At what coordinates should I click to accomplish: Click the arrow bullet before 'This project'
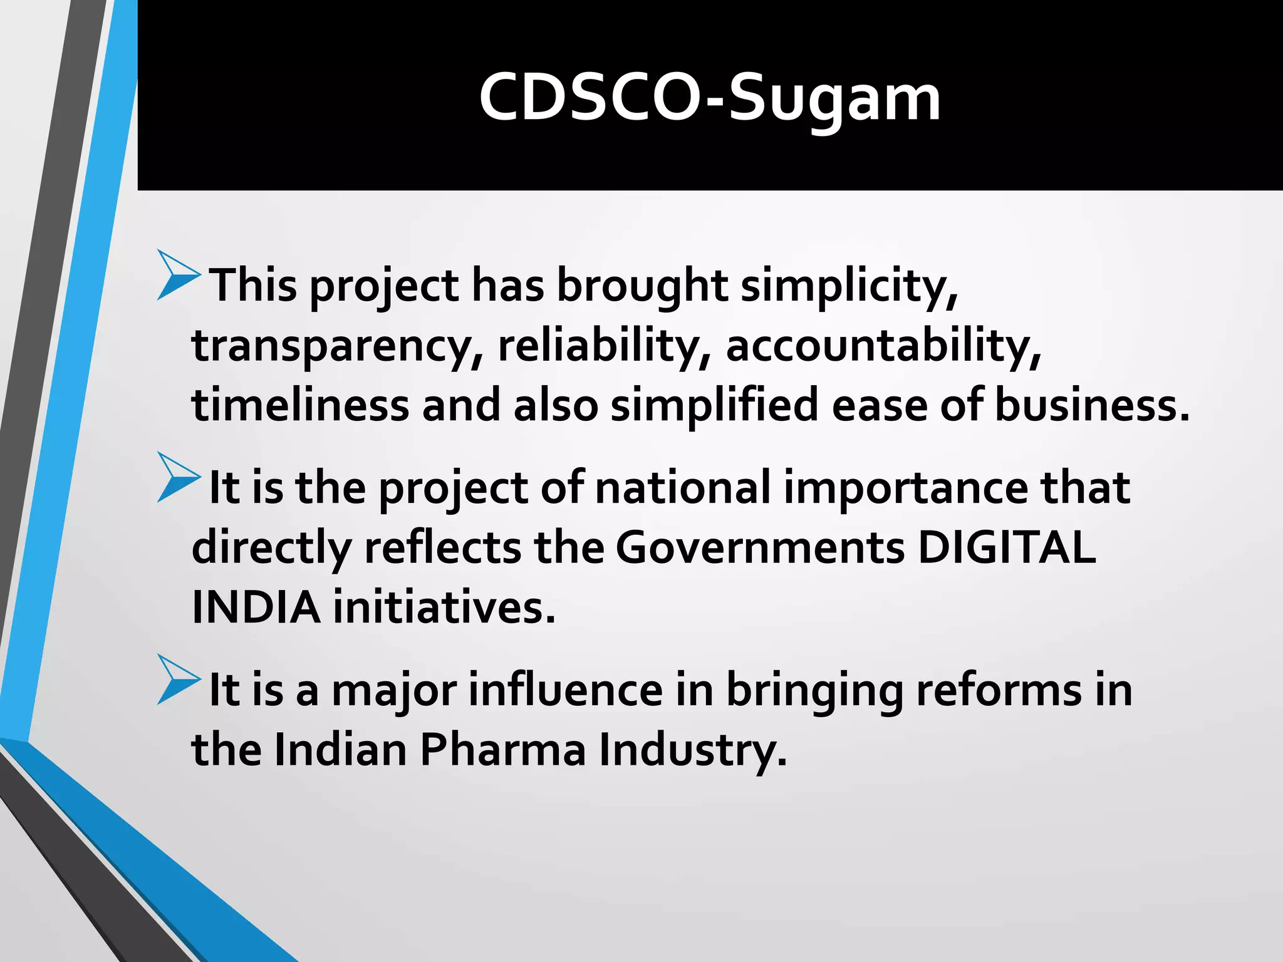point(178,275)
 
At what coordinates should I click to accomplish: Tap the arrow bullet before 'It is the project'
point(178,477)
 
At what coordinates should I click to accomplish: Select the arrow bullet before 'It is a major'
point(178,680)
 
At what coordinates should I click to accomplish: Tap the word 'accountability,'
point(883,346)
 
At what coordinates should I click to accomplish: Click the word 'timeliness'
point(300,405)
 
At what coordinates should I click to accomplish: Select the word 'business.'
point(1092,405)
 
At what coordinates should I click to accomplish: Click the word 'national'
point(682,488)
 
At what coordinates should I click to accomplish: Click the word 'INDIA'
point(256,608)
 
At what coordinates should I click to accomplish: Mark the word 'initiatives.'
point(444,608)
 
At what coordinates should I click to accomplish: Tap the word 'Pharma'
point(502,750)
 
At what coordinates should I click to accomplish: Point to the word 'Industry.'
point(693,750)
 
